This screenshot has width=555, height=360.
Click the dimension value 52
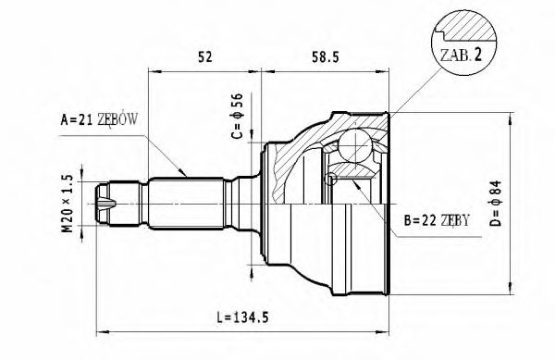(x=205, y=57)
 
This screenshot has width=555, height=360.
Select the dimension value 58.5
(x=323, y=57)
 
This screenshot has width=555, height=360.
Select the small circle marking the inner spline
(x=330, y=179)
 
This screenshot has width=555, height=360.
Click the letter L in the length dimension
(x=218, y=318)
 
